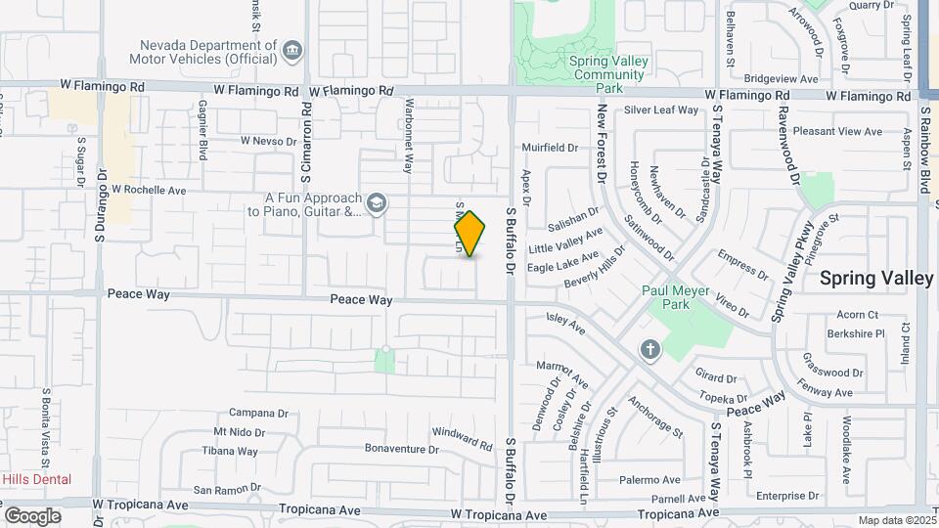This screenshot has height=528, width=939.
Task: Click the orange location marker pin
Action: (469, 234)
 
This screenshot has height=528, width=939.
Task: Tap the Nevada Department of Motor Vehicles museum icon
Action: (292, 51)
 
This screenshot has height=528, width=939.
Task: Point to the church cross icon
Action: (649, 349)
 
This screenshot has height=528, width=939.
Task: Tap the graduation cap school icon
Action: (376, 203)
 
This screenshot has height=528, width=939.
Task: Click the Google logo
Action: (32, 515)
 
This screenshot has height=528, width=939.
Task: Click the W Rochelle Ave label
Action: (149, 190)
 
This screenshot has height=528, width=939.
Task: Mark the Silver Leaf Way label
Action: (661, 110)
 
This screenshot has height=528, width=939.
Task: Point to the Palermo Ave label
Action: (649, 480)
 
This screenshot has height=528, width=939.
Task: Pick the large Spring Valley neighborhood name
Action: (876, 278)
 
